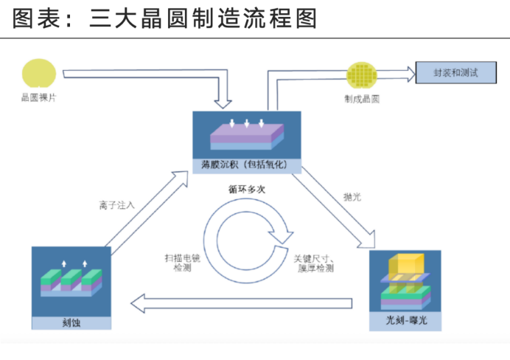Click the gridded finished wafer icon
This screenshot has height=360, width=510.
click(361, 75)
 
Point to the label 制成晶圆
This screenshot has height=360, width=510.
click(361, 98)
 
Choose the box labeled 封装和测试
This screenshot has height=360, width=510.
click(455, 73)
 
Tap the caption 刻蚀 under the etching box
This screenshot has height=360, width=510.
click(71, 322)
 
